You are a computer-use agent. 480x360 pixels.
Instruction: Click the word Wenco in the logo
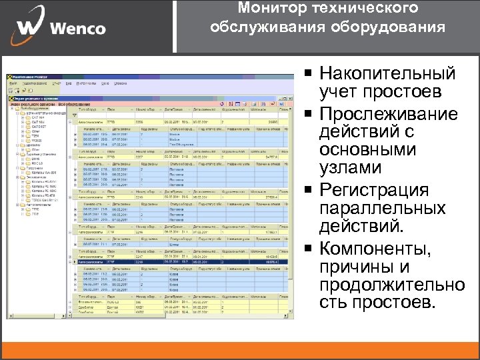[x=77, y=28]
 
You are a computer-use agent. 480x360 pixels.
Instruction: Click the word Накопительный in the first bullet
[x=387, y=73]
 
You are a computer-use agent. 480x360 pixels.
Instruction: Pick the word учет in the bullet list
[x=341, y=91]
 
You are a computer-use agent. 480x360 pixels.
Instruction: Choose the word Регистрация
[x=383, y=191]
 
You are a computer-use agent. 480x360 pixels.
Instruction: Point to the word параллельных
[x=383, y=209]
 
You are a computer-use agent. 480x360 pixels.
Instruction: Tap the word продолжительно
[x=392, y=286]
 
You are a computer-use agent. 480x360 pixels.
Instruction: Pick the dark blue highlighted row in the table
[x=180, y=262]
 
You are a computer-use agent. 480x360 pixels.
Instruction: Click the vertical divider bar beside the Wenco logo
[x=175, y=27]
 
